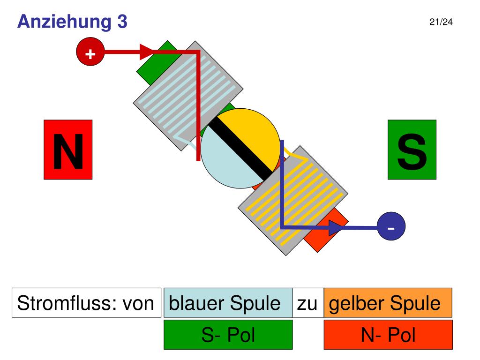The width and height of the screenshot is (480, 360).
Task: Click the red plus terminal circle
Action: [x=90, y=52]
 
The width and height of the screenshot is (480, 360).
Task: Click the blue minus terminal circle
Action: [x=391, y=226]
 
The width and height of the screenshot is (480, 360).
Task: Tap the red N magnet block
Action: [x=68, y=150]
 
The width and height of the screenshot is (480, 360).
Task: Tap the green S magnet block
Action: [x=412, y=150]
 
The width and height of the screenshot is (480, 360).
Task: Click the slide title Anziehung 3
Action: [x=72, y=22]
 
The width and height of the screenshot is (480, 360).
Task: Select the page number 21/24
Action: [x=441, y=22]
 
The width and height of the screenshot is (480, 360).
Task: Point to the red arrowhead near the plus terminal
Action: [x=146, y=52]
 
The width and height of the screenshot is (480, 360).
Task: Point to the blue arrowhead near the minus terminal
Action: [x=336, y=228]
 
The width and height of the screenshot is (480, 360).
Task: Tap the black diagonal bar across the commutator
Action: [x=240, y=148]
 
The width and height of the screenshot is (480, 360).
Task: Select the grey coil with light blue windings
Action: [x=188, y=96]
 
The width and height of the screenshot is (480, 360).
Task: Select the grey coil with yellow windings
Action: [x=293, y=201]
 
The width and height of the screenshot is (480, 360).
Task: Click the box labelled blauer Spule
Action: [x=228, y=303]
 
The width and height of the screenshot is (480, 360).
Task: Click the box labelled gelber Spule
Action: [x=388, y=303]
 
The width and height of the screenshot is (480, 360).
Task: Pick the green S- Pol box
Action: [x=228, y=335]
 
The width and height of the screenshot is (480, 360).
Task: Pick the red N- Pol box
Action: [x=388, y=335]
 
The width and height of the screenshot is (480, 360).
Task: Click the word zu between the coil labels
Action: [x=307, y=304]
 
